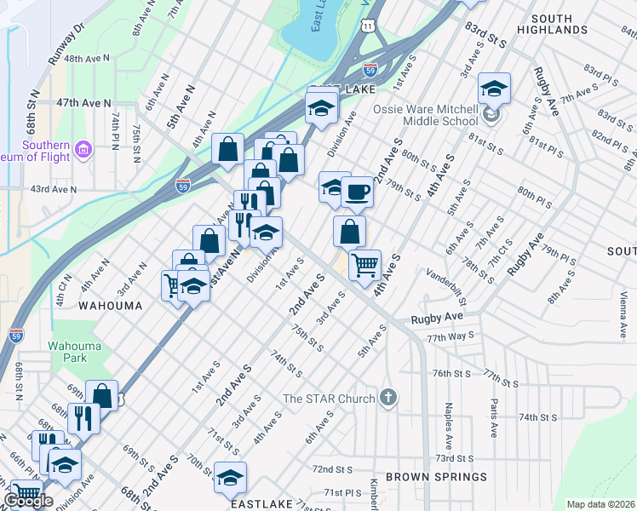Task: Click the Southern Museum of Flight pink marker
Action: pyautogui.click(x=83, y=152)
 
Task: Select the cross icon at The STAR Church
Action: pyautogui.click(x=388, y=397)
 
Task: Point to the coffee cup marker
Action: pyautogui.click(x=358, y=192)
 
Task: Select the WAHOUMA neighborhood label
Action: pyautogui.click(x=110, y=304)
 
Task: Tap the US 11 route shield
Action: pyautogui.click(x=366, y=26)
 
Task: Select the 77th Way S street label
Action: pyautogui.click(x=449, y=338)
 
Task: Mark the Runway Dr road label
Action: pyautogui.click(x=68, y=45)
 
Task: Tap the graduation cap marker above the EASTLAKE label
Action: pyautogui.click(x=229, y=479)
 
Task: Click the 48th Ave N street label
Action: pyautogui.click(x=88, y=59)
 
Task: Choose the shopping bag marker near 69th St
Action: pyautogui.click(x=101, y=395)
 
